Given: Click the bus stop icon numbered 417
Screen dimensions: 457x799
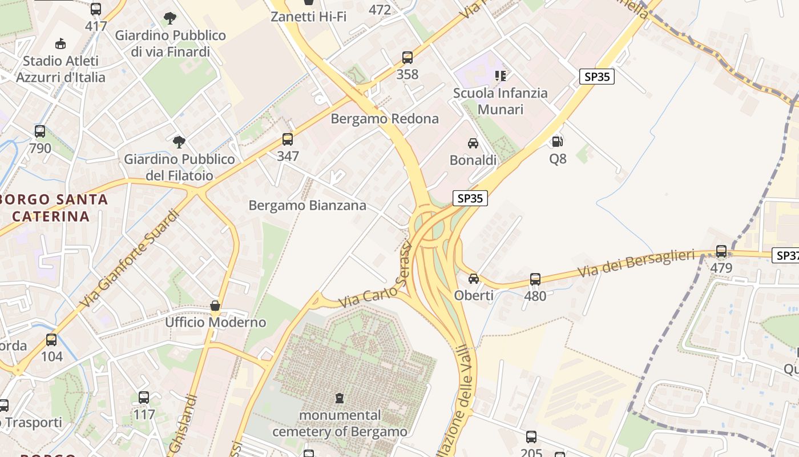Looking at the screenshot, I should click(95, 9).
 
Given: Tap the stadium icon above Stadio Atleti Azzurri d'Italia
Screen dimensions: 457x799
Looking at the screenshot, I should click(60, 43).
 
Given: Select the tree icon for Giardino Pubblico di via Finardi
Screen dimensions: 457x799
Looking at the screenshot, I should click(170, 18).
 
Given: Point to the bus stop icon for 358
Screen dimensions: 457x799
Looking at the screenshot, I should click(407, 58).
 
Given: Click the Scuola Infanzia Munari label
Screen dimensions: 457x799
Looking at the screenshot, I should click(500, 101).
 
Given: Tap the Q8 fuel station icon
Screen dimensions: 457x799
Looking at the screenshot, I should click(558, 141).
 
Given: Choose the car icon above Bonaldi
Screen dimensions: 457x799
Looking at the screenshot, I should click(473, 143).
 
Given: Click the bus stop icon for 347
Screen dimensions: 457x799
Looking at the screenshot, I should click(288, 139).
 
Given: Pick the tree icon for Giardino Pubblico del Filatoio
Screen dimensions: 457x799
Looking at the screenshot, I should click(179, 142).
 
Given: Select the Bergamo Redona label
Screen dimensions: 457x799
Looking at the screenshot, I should click(385, 119).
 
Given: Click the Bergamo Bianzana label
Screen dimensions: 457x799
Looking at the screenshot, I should click(307, 206).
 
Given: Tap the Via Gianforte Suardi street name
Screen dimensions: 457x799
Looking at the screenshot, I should click(130, 259).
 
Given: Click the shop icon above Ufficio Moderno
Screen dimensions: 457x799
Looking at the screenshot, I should click(215, 306).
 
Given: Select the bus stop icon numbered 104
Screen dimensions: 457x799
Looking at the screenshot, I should click(51, 340).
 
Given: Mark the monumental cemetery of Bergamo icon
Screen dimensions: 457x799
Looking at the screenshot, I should click(340, 398).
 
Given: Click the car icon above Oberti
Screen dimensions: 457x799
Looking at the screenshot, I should click(473, 279).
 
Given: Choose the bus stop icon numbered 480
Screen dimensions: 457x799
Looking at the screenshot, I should click(535, 279).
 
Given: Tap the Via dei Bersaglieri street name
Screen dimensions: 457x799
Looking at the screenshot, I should click(636, 263).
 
